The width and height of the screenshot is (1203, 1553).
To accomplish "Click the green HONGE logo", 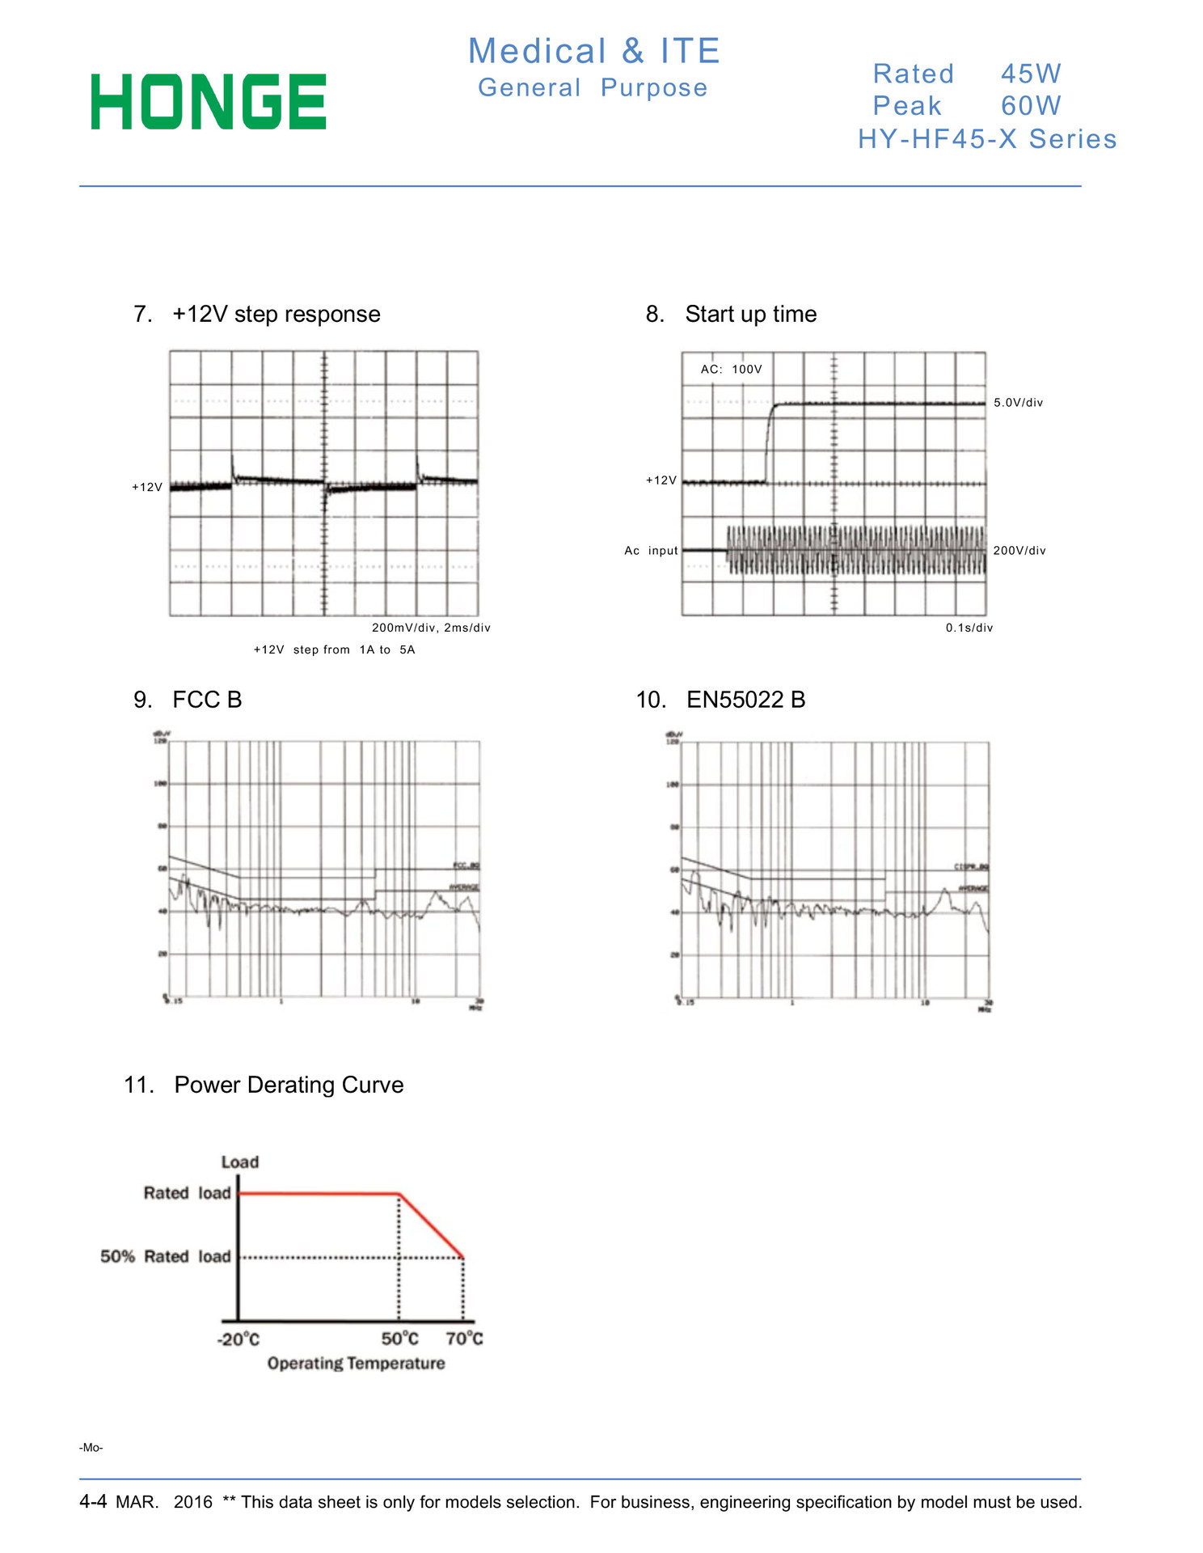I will (209, 102).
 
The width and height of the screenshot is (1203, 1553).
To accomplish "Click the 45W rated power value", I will (1031, 74).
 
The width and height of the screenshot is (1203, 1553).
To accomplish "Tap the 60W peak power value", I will (1031, 106).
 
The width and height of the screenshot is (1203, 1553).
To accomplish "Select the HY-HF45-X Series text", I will (987, 139).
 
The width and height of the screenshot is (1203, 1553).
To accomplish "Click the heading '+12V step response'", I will (276, 314).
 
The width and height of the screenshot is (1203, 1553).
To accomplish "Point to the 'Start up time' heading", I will (750, 314).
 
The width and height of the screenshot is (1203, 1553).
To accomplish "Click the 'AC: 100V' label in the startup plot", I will (731, 370).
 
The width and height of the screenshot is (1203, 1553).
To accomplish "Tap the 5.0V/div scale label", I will (1018, 403).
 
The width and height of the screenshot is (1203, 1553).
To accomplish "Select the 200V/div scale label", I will (1019, 551).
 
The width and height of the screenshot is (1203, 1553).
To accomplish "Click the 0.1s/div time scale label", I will (969, 628).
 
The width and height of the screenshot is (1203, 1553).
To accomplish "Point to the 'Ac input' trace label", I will (651, 551).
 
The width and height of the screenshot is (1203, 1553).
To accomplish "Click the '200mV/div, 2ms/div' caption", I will (431, 628).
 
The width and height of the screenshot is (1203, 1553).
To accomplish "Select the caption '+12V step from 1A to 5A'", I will (334, 650).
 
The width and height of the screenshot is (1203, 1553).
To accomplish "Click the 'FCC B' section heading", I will (207, 700).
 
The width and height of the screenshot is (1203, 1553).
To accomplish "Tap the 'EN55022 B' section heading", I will (745, 700).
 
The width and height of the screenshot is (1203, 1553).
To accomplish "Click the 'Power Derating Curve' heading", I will (289, 1085).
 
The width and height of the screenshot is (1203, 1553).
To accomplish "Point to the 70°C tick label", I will (464, 1339).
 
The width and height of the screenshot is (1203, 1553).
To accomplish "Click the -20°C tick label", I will (238, 1339).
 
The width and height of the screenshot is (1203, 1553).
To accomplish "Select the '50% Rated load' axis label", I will (166, 1256).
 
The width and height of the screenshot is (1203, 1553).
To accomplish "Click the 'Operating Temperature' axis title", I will (356, 1364).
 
